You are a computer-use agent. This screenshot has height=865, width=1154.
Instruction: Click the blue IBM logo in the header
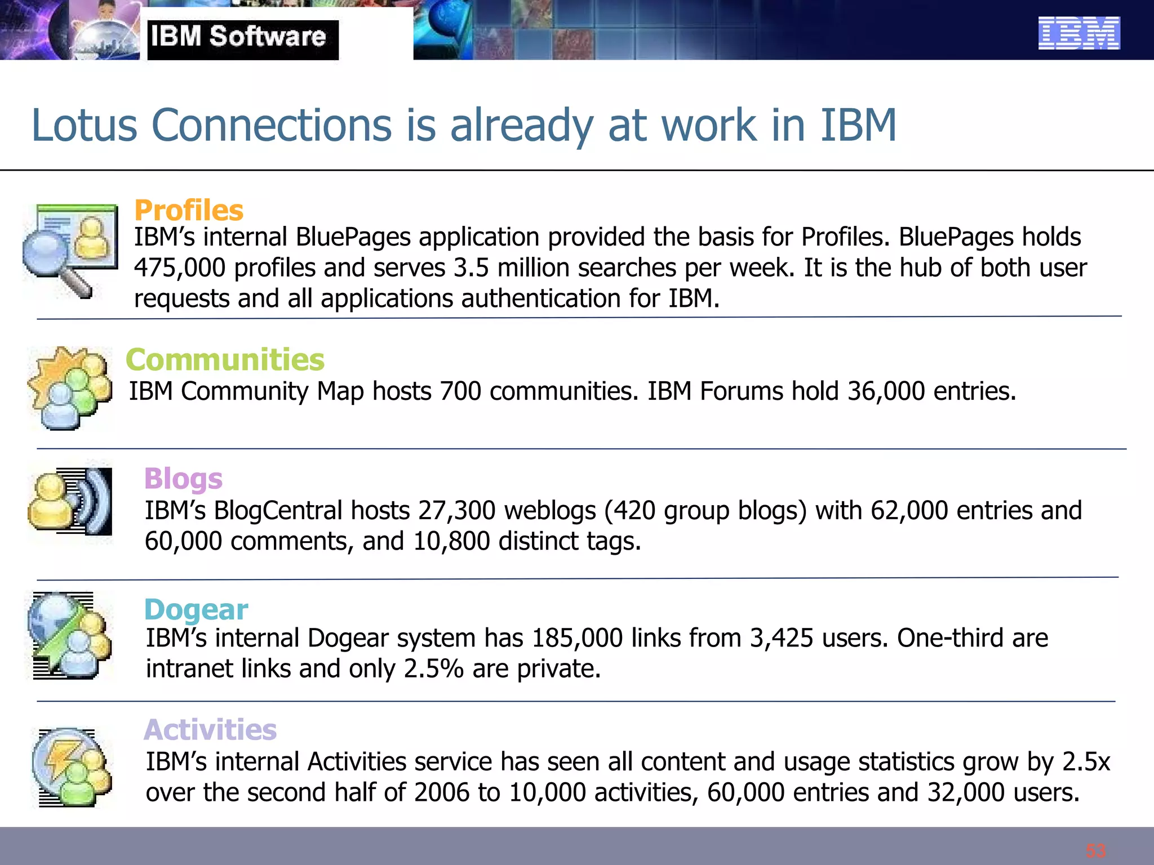(1078, 33)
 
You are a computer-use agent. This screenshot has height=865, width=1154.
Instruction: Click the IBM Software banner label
(239, 37)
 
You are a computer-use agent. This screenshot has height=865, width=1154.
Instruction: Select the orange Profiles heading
(189, 211)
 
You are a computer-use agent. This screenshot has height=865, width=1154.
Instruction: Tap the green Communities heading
(225, 360)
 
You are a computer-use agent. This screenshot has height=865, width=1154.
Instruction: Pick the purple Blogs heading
(183, 479)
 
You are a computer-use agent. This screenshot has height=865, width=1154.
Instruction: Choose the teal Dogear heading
(196, 609)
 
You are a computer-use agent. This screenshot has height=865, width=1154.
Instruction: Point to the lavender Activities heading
(210, 730)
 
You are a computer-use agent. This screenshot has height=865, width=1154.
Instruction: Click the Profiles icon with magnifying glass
(70, 250)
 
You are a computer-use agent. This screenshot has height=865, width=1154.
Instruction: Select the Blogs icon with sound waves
(70, 501)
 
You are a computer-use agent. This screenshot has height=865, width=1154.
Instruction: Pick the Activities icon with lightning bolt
(72, 767)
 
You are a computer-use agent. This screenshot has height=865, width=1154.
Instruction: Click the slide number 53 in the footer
(1095, 850)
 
